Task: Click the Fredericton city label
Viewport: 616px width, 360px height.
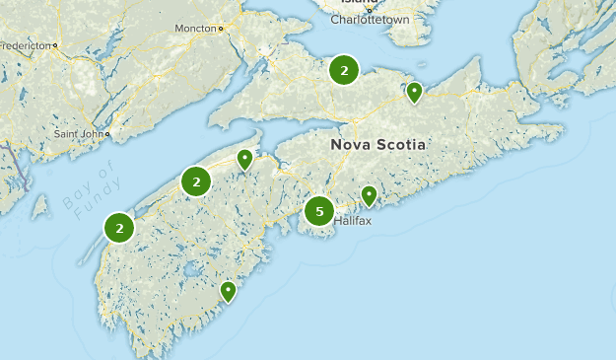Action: click(x=26, y=45)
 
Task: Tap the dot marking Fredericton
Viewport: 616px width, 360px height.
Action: click(x=56, y=45)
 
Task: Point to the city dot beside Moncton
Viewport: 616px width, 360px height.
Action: click(x=221, y=29)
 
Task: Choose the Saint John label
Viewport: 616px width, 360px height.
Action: click(x=78, y=133)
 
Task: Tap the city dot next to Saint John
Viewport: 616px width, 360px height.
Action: click(x=107, y=133)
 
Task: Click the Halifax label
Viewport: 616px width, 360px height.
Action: click(x=352, y=221)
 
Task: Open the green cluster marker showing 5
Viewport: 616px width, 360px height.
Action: click(x=318, y=211)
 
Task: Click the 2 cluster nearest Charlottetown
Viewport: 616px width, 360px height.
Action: click(x=344, y=70)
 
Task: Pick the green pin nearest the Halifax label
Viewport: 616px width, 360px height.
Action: click(x=369, y=195)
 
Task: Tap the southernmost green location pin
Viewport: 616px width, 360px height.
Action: click(x=228, y=291)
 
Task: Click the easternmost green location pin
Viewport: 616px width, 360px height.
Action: click(x=415, y=92)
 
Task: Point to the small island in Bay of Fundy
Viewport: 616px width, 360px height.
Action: click(x=39, y=206)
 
